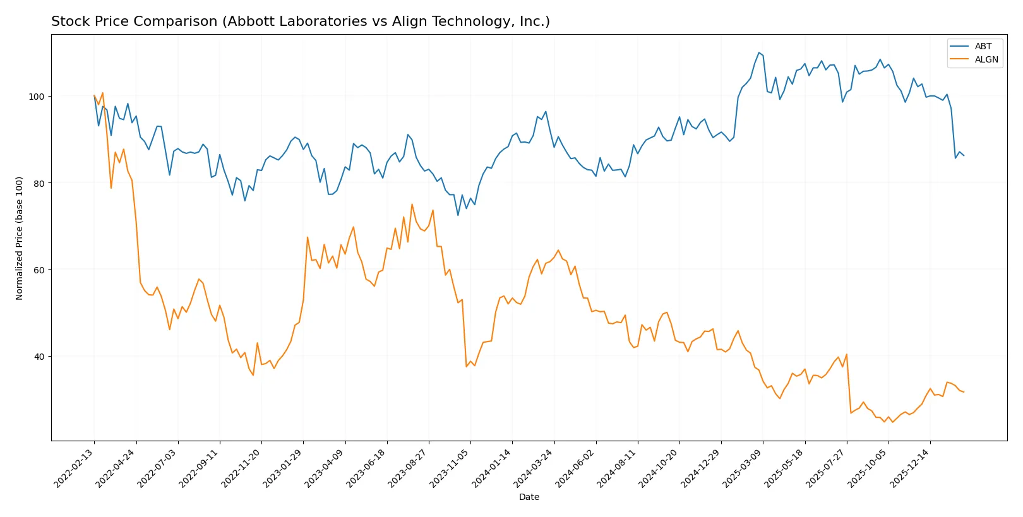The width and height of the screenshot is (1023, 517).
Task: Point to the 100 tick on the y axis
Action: [37, 97]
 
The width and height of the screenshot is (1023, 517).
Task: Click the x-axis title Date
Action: [529, 497]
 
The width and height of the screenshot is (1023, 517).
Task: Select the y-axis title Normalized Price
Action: [20, 238]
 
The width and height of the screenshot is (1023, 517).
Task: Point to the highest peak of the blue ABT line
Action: [758, 52]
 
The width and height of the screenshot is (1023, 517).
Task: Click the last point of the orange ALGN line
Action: [964, 392]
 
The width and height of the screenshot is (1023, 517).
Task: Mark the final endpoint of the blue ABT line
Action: [964, 155]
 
